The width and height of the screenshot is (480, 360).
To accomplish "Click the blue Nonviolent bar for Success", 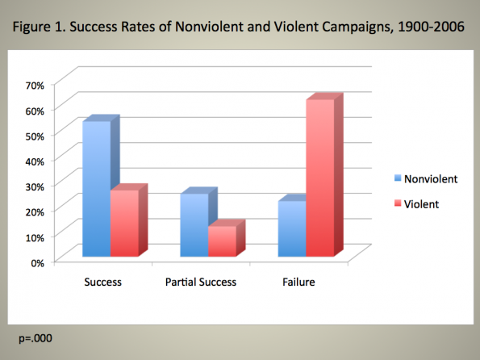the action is (97, 189).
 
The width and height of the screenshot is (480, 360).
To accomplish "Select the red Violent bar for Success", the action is (124, 223).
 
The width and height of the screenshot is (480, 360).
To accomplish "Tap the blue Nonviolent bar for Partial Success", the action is (194, 225).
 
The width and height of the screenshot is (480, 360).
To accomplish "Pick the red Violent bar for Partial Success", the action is (222, 241).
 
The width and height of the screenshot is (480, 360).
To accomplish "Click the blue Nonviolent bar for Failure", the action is (292, 228).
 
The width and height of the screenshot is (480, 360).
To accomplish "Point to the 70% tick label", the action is (35, 86).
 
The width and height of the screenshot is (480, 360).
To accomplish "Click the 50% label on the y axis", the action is (35, 136).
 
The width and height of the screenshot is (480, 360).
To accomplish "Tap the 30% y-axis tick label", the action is (35, 187).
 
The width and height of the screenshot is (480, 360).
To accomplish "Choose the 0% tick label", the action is (38, 263).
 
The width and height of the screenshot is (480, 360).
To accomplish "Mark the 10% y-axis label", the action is (35, 237).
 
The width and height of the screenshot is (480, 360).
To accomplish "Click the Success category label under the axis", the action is (103, 282).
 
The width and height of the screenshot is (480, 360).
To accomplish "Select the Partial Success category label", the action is (201, 282).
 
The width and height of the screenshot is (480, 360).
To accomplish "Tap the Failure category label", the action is (298, 282).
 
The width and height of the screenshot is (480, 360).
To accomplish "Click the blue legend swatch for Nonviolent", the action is (398, 178).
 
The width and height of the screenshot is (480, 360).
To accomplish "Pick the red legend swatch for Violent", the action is (398, 203).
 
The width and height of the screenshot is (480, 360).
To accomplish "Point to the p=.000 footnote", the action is (35, 338).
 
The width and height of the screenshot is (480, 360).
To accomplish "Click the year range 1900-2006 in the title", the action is (431, 27).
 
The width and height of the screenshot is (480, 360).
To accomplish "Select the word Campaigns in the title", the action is (357, 27).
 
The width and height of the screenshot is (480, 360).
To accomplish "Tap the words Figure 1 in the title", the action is (39, 27).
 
